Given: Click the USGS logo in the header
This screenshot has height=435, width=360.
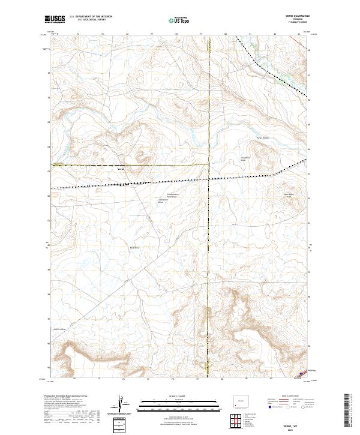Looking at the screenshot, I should click(x=55, y=20).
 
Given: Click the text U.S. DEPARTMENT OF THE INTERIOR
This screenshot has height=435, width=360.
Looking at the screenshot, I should click(x=91, y=17).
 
